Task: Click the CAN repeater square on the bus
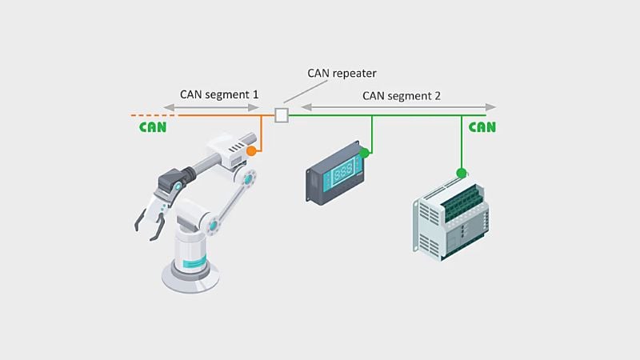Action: click(281, 115)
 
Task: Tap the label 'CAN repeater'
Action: click(342, 74)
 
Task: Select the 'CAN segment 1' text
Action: click(219, 94)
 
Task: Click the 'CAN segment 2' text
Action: click(402, 95)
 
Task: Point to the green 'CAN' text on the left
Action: click(153, 127)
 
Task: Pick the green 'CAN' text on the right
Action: click(482, 127)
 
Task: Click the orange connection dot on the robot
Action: click(251, 150)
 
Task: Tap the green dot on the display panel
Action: click(365, 152)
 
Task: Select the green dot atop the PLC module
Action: click(461, 172)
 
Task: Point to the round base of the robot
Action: click(190, 277)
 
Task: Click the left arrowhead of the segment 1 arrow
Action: click(164, 106)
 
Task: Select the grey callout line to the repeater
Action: click(300, 93)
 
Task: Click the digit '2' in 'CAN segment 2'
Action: click(436, 95)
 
